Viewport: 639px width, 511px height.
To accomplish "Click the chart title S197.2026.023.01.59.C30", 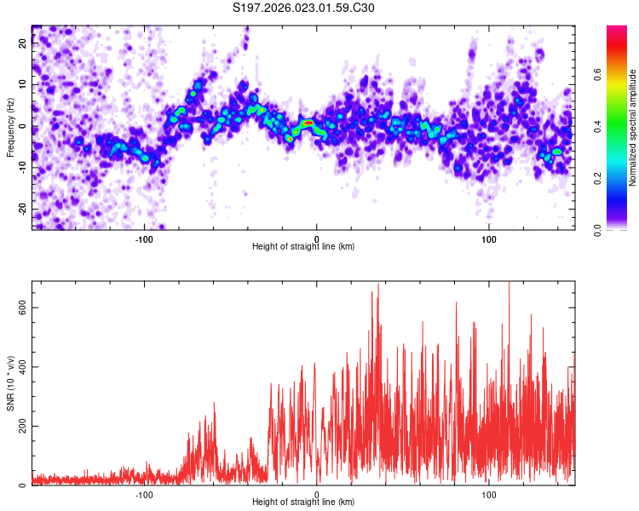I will click(303, 9).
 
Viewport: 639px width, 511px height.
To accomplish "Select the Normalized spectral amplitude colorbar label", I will click(632, 128).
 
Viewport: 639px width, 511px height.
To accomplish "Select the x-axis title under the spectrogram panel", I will click(303, 247).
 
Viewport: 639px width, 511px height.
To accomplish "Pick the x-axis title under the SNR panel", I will click(303, 502).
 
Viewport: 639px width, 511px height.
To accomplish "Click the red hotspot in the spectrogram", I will click(308, 123).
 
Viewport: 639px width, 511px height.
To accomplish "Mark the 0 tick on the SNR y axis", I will click(24, 485).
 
